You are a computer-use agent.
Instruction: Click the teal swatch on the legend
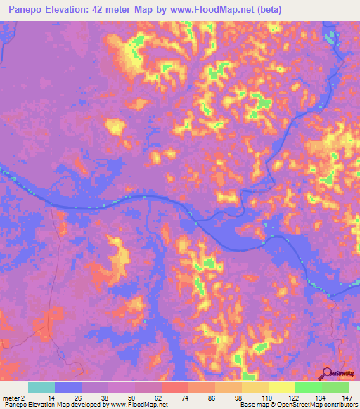coord(41,387)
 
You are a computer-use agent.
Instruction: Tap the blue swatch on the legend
coord(68,387)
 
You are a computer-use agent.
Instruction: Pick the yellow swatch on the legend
coord(281,387)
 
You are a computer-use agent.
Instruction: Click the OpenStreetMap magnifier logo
coord(326,373)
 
